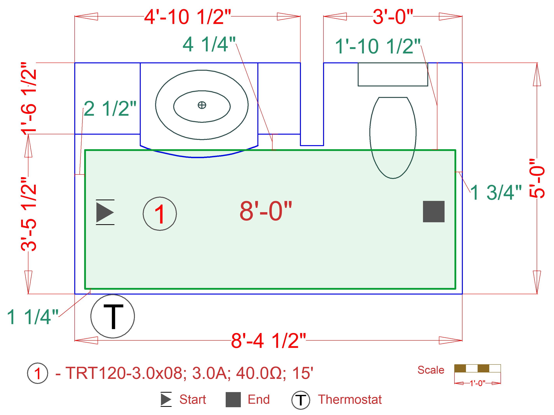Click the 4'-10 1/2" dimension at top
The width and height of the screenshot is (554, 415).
(187, 17)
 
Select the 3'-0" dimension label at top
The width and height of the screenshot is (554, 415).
(392, 17)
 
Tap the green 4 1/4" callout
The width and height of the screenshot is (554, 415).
(209, 44)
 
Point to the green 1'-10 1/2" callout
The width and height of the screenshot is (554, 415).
(377, 47)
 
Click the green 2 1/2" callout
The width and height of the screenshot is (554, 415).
(110, 109)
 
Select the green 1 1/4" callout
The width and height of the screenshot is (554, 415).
(32, 317)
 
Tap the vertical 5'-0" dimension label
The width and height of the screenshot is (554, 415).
(537, 178)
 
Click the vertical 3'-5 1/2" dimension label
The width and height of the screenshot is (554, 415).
(29, 214)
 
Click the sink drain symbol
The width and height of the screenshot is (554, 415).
(202, 105)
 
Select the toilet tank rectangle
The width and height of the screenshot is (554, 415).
(393, 74)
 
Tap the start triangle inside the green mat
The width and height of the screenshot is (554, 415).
(105, 212)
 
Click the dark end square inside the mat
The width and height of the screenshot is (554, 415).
(433, 212)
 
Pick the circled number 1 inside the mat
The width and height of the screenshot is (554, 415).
(160, 214)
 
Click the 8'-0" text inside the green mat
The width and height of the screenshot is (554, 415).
(266, 211)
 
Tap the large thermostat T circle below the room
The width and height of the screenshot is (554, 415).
(113, 316)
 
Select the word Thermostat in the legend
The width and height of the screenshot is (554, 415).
(350, 399)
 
